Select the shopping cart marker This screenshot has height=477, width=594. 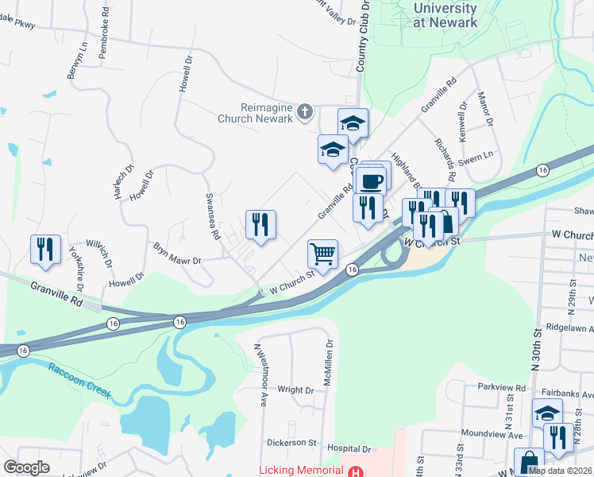pos(322,254)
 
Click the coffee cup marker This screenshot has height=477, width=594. pos(371,180)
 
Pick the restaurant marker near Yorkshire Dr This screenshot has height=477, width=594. pos(45,249)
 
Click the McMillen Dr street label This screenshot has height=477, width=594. pos(328,363)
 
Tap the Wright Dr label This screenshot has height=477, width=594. pos(295,390)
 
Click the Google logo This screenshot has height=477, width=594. pos(25,467)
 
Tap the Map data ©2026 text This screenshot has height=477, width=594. pos(560,471)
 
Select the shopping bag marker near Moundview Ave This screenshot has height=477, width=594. pos(529,463)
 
